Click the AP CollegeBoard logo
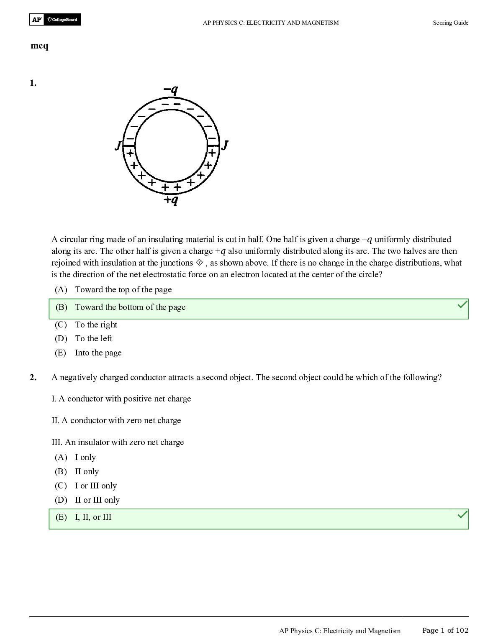pyautogui.click(x=55, y=20)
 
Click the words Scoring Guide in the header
pyautogui.click(x=450, y=23)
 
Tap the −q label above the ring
pyautogui.click(x=171, y=89)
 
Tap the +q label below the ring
pyautogui.click(x=171, y=200)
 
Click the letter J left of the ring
pyautogui.click(x=118, y=146)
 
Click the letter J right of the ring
pyautogui.click(x=225, y=145)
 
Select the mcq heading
pyautogui.click(x=39, y=46)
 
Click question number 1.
pyautogui.click(x=33, y=83)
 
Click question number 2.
pyautogui.click(x=33, y=378)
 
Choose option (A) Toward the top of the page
pyautogui.click(x=123, y=290)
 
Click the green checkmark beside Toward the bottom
pyautogui.click(x=462, y=305)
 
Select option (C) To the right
pyautogui.click(x=96, y=325)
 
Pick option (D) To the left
pyautogui.click(x=93, y=339)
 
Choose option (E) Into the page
pyautogui.click(x=98, y=353)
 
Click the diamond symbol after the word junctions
pyautogui.click(x=199, y=263)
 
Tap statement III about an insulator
pyautogui.click(x=118, y=442)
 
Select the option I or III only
pyautogui.click(x=95, y=486)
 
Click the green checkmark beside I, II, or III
pyautogui.click(x=462, y=515)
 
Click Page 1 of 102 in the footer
pyautogui.click(x=445, y=631)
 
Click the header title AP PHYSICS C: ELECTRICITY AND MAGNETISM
pyautogui.click(x=271, y=23)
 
